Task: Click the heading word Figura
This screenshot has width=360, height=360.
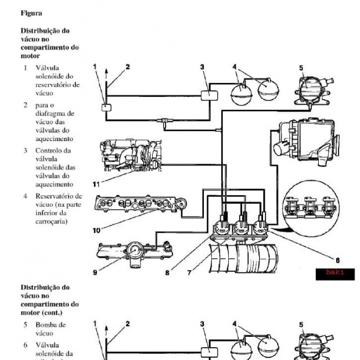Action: pos(31,12)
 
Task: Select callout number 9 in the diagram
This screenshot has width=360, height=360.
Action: pos(95,272)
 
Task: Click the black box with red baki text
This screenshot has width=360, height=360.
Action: pos(335,274)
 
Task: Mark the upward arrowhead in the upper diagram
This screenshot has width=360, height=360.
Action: pos(106,69)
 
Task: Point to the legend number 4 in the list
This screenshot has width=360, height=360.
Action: pos(25,196)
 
